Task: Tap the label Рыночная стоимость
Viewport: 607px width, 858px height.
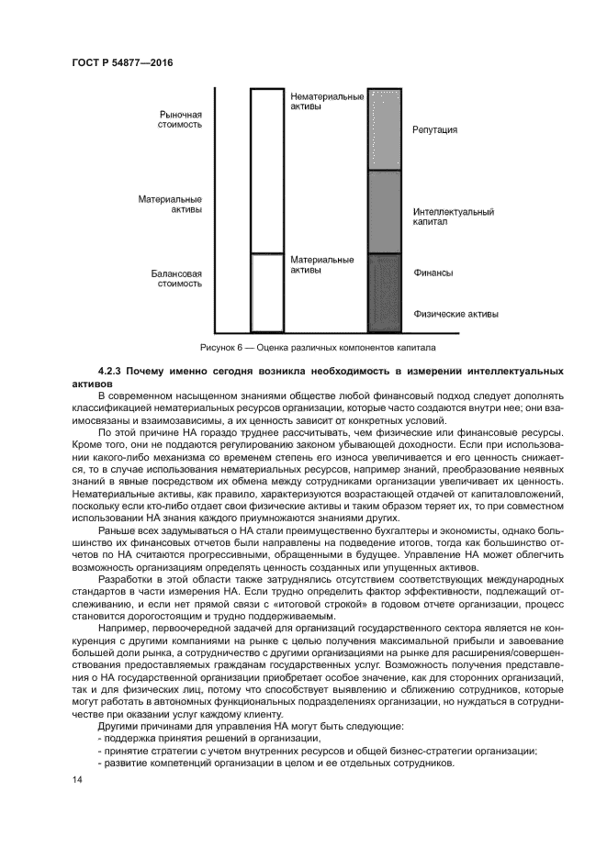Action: click(x=180, y=119)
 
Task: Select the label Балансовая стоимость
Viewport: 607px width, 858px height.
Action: click(x=176, y=278)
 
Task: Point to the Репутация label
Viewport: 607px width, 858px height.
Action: click(x=434, y=130)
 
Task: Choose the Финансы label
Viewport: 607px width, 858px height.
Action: click(x=433, y=273)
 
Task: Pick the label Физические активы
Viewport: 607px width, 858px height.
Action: click(x=455, y=314)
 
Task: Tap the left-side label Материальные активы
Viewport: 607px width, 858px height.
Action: click(x=170, y=203)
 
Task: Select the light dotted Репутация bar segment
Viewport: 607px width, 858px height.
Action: click(x=385, y=129)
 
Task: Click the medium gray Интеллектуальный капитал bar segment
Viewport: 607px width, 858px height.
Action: click(x=385, y=212)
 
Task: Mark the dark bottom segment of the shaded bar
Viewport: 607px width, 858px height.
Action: click(x=385, y=293)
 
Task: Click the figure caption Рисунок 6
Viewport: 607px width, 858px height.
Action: click(x=317, y=348)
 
